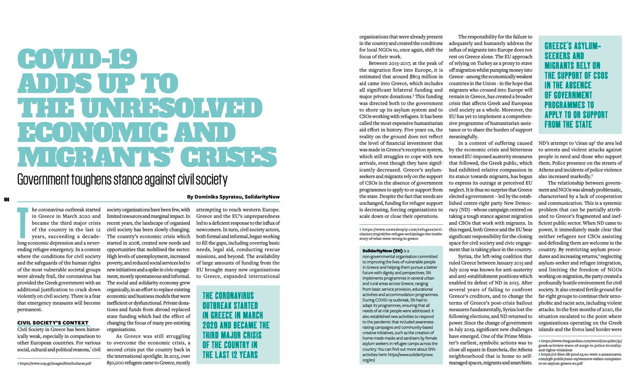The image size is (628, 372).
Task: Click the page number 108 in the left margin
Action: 6,199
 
